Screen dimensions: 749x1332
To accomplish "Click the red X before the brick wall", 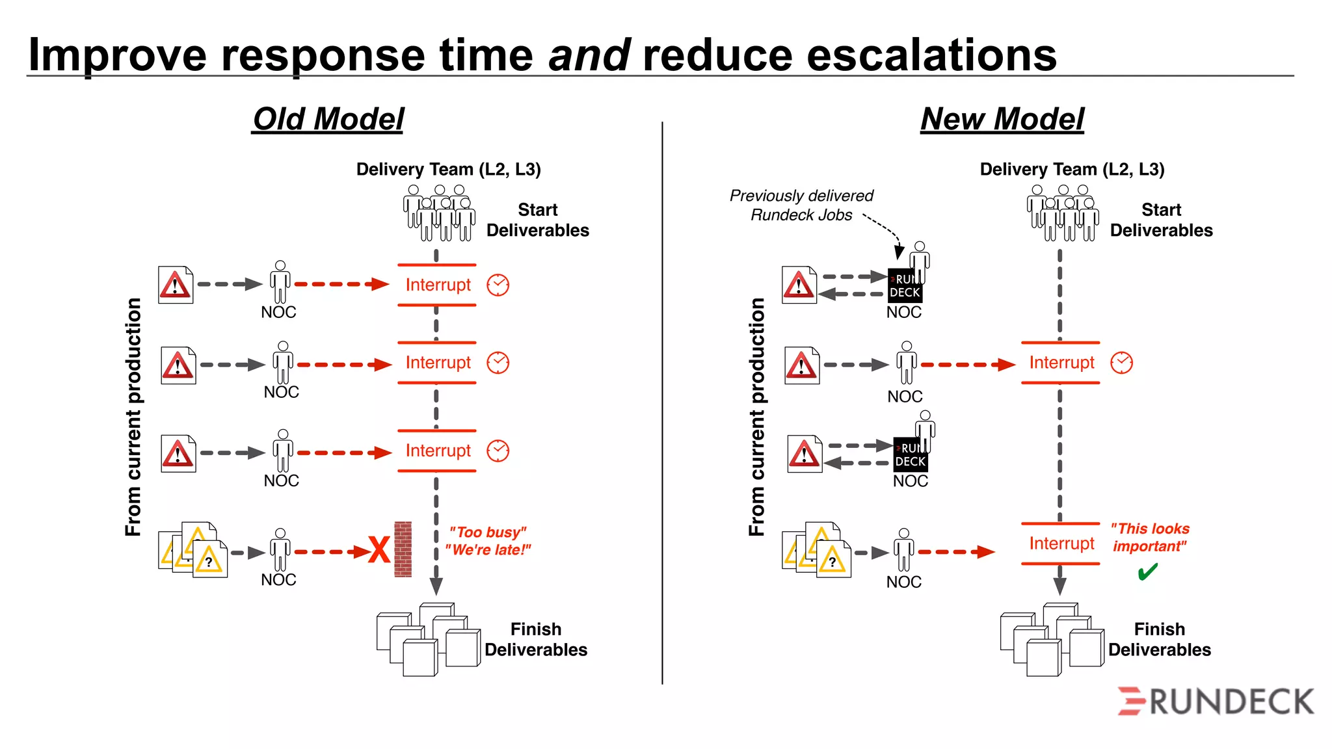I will pyautogui.click(x=379, y=550).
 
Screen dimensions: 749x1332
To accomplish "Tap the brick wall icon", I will pyautogui.click(x=403, y=549).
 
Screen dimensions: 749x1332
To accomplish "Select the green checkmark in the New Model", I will pyautogui.click(x=1147, y=572).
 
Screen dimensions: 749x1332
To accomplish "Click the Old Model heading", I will pyautogui.click(x=328, y=119).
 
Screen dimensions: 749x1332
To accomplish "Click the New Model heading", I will pyautogui.click(x=1002, y=119).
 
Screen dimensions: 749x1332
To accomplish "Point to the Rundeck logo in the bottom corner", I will pyautogui.click(x=1216, y=702).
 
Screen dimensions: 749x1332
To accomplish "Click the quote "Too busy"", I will pyautogui.click(x=488, y=532).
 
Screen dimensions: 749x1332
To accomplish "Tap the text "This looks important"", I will pyautogui.click(x=1149, y=537).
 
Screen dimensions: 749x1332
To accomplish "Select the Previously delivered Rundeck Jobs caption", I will pyautogui.click(x=801, y=205).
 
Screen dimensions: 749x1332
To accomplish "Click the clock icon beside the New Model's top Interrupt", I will pyautogui.click(x=1121, y=363).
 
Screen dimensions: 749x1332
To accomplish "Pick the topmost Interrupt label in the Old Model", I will pyautogui.click(x=438, y=285).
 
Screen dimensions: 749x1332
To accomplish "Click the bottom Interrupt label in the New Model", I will pyautogui.click(x=1061, y=544).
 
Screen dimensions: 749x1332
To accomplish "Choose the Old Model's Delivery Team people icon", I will pyautogui.click(x=439, y=213).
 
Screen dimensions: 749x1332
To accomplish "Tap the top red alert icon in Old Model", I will pyautogui.click(x=176, y=285).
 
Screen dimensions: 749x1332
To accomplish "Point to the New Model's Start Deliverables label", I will pyautogui.click(x=1161, y=220).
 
